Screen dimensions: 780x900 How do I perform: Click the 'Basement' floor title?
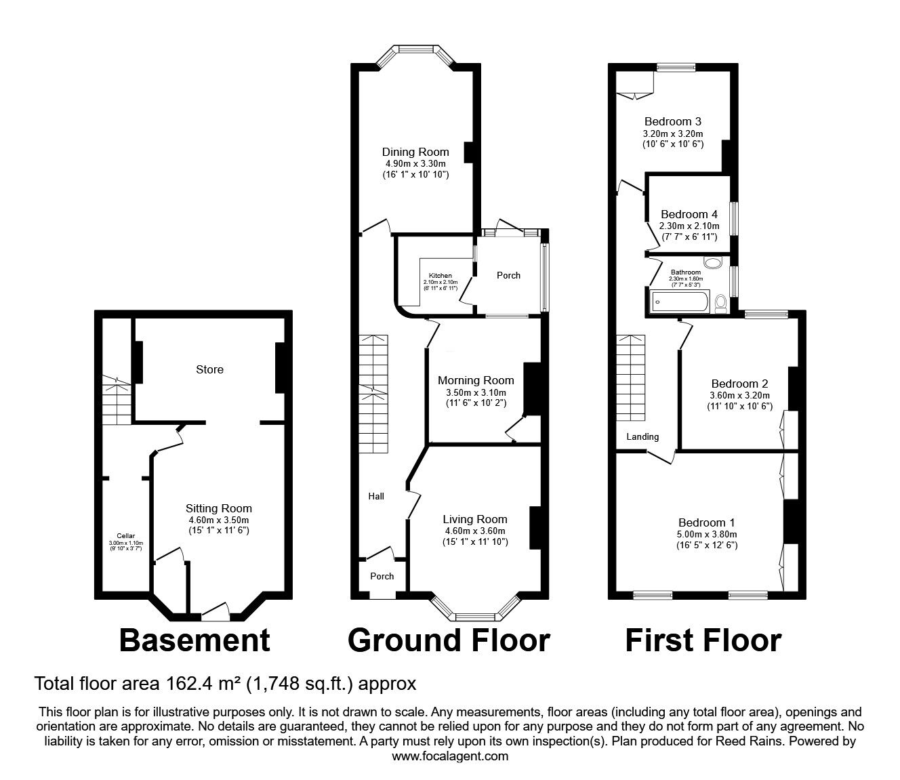(x=195, y=640)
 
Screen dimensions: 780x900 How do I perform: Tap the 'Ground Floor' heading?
(x=449, y=640)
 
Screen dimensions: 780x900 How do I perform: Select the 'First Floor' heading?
(x=703, y=640)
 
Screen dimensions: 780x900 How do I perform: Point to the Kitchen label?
(x=440, y=276)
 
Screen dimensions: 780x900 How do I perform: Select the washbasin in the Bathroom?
(x=713, y=263)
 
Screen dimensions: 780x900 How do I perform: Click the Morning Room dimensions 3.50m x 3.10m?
(x=476, y=392)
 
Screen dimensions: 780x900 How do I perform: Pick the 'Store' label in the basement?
(x=209, y=369)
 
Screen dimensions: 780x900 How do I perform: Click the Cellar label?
(x=126, y=535)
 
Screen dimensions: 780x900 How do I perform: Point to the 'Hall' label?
(x=376, y=496)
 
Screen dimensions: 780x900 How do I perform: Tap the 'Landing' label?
(x=642, y=436)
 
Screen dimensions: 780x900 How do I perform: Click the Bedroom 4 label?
(x=689, y=214)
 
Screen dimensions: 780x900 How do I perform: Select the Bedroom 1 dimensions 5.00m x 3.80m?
(x=707, y=534)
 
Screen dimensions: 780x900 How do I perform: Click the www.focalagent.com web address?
(x=450, y=756)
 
